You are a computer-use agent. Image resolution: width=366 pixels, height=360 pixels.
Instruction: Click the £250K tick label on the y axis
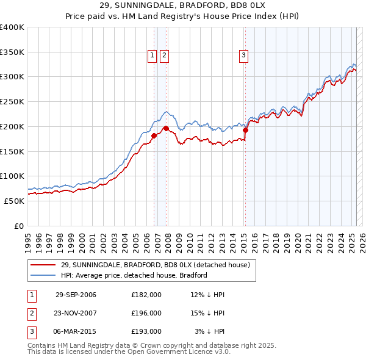click(12, 101)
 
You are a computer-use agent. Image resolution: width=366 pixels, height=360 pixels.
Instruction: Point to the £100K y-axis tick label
click(12, 176)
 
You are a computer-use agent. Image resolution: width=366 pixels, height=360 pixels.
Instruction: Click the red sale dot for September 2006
click(154, 135)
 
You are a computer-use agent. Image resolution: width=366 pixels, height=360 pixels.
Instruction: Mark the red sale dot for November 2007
click(166, 128)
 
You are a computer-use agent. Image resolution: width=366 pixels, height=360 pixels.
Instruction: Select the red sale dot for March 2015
click(245, 130)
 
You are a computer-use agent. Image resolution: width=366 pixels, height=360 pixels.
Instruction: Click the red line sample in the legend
click(44, 265)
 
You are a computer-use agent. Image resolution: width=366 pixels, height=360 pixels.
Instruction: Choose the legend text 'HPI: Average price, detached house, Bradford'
click(134, 275)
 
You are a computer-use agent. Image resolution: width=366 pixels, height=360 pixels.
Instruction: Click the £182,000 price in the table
click(146, 295)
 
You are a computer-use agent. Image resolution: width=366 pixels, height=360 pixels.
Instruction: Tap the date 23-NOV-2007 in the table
click(76, 313)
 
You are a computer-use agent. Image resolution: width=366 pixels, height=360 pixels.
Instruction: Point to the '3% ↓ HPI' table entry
click(210, 331)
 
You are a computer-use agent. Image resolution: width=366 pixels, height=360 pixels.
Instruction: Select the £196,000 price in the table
click(146, 313)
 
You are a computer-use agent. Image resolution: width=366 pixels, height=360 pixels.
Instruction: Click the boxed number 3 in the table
click(31, 331)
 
